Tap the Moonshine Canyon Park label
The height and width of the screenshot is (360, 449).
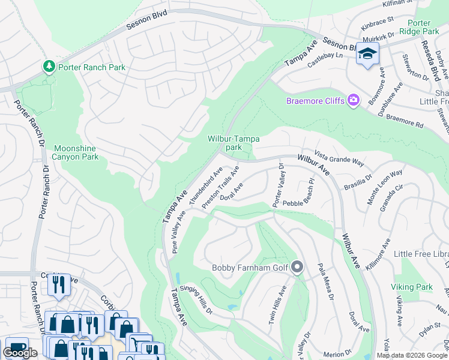coord(76,152)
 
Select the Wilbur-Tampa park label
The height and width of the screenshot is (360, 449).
coord(234,143)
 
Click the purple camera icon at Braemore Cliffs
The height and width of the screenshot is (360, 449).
coord(354,100)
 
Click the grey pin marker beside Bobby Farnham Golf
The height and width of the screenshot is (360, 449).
coord(297,267)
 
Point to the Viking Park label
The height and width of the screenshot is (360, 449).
coord(411,287)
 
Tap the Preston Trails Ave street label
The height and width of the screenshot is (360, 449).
coord(220,187)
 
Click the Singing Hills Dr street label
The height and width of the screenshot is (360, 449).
coord(196,299)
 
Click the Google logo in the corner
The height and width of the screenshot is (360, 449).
coord(20,353)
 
